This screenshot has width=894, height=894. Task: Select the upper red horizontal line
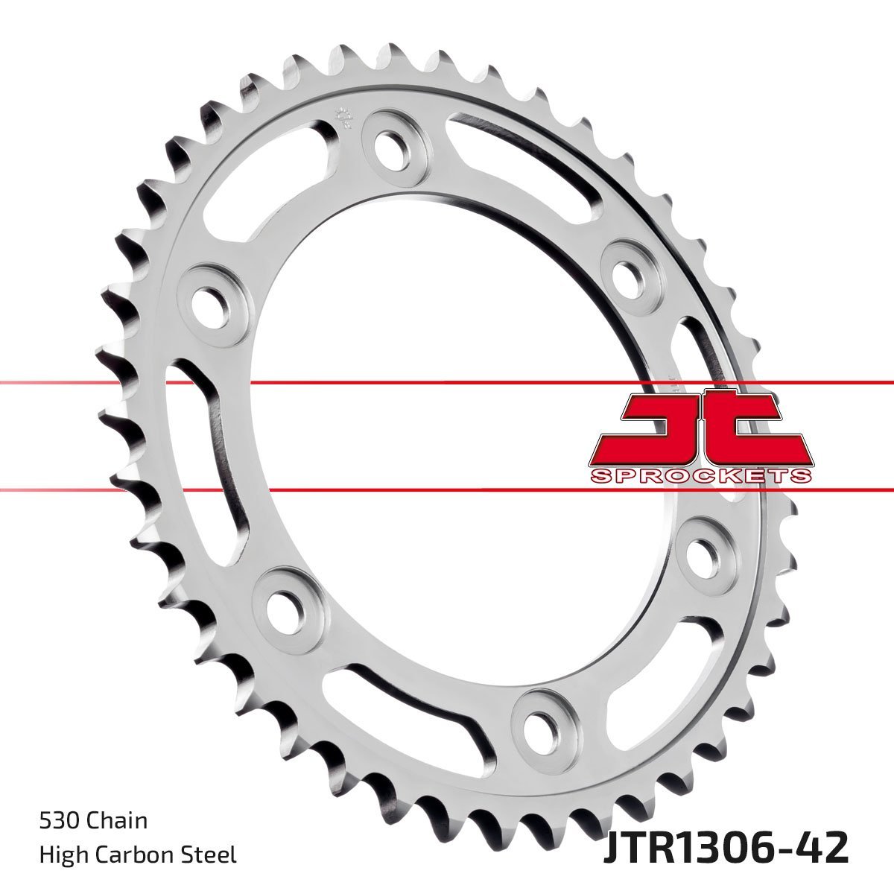point(447,383)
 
